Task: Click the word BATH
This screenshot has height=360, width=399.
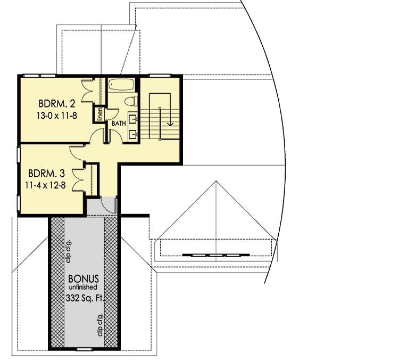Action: point(118,124)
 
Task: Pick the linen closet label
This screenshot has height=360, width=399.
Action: point(99,114)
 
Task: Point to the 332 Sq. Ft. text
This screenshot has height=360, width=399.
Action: point(83,298)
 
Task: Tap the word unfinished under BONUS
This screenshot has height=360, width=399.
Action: point(83,288)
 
